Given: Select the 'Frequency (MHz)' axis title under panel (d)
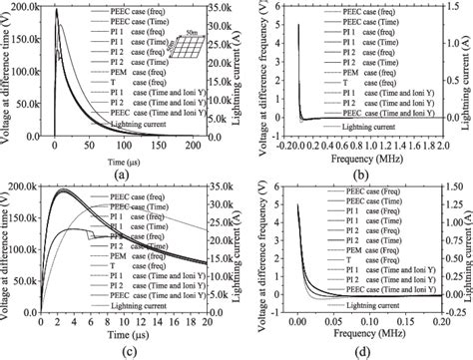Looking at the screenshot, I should pyautogui.click(x=357, y=339).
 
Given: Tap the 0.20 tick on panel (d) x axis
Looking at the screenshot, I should pyautogui.click(x=435, y=328).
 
